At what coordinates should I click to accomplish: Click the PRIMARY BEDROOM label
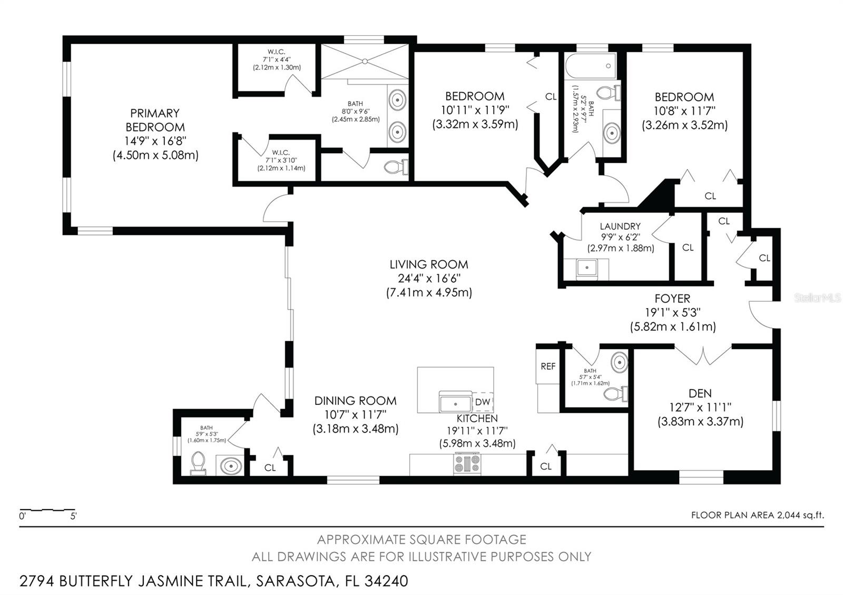155,120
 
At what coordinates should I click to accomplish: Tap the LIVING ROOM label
429,264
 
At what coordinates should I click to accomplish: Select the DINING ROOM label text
355,401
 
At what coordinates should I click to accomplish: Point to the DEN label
700,393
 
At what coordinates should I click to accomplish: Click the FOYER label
672,299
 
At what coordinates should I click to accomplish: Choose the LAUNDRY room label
620,226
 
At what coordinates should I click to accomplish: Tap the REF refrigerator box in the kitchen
548,366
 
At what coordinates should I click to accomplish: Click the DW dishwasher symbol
483,402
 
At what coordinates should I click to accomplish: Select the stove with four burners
467,464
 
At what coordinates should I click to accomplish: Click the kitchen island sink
456,402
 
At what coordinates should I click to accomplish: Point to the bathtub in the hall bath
591,66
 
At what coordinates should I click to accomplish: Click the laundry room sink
587,268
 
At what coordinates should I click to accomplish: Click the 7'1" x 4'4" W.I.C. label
277,60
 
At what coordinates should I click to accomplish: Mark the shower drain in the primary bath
365,61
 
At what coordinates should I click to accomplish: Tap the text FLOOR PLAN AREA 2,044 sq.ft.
758,515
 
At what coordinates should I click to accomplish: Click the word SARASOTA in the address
296,581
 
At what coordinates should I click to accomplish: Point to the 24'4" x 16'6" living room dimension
429,279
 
